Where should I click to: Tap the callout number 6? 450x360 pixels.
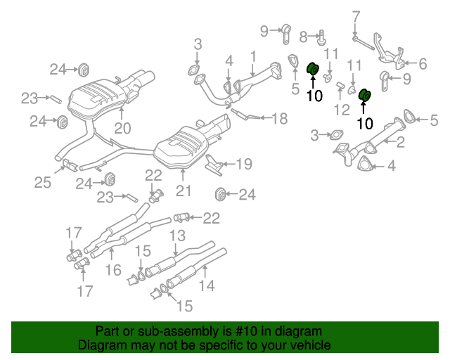point(423,64)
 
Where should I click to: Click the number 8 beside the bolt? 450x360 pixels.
point(304,36)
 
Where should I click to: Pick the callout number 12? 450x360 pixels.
point(342,109)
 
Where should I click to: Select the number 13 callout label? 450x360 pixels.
point(177,236)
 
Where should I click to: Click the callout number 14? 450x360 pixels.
point(205,285)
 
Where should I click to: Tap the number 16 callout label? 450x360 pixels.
point(113,270)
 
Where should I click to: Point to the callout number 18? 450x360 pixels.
point(280,119)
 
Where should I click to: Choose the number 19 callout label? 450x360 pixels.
point(243,165)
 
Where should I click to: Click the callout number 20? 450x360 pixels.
point(122,128)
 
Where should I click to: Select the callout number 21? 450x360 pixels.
point(183,190)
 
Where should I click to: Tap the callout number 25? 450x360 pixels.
point(43,183)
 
